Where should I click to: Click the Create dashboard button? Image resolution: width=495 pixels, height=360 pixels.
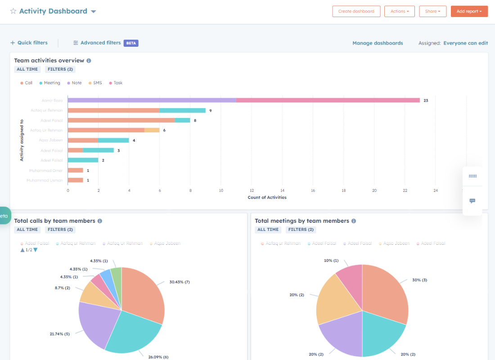click(356, 11)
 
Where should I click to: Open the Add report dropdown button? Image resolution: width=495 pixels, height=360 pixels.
click(469, 11)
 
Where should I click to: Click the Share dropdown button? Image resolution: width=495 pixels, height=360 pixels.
click(432, 11)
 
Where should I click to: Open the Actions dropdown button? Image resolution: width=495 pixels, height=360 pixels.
click(399, 11)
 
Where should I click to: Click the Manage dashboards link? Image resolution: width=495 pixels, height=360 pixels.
click(378, 43)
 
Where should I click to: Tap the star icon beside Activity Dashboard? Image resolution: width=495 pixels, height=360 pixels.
click(13, 11)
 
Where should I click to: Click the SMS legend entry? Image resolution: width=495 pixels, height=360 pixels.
click(95, 83)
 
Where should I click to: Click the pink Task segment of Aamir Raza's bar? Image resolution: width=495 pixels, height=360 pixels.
click(328, 100)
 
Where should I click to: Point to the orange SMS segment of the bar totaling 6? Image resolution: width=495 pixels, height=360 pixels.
click(152, 130)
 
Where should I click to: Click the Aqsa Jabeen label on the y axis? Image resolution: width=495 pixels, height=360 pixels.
click(51, 140)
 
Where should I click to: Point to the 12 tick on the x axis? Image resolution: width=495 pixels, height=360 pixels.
click(252, 190)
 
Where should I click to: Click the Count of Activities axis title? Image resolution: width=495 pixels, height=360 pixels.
click(267, 198)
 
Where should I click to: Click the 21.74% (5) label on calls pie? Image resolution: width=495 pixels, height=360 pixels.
click(59, 334)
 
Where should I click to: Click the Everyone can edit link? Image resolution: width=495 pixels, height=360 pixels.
click(465, 43)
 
